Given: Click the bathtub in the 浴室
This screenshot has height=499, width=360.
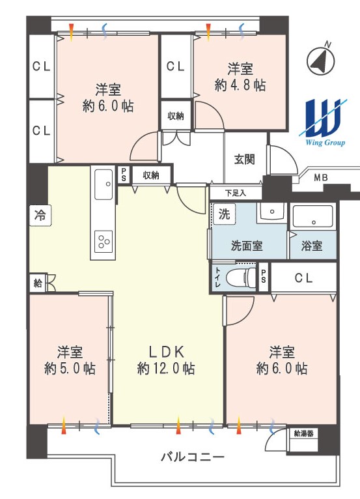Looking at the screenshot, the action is tap(312, 218).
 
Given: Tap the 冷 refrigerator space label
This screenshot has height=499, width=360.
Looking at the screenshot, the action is tap(40, 216).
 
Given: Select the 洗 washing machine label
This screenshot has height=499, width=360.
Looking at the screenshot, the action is tap(224, 214).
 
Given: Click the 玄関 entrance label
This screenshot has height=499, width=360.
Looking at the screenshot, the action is tap(245, 159).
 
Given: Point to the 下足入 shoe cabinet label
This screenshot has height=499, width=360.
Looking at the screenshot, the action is tap(236, 193).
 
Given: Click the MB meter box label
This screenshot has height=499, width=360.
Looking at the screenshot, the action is tap(320, 178).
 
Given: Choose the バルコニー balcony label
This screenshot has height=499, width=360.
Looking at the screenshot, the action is tap(193, 457).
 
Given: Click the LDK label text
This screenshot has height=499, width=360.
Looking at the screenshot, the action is tap(166, 352).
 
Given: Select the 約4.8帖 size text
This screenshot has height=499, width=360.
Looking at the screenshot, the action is tap(240, 85).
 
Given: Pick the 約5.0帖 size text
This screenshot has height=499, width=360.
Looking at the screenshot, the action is tap(70, 369).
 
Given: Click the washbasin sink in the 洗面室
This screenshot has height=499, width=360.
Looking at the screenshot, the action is tap(272, 212).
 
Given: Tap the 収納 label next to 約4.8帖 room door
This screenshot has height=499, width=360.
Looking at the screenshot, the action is tap(176, 116).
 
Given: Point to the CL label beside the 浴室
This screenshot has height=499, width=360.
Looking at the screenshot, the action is tap(304, 278).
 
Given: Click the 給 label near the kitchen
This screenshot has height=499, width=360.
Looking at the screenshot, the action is tap(38, 283).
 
